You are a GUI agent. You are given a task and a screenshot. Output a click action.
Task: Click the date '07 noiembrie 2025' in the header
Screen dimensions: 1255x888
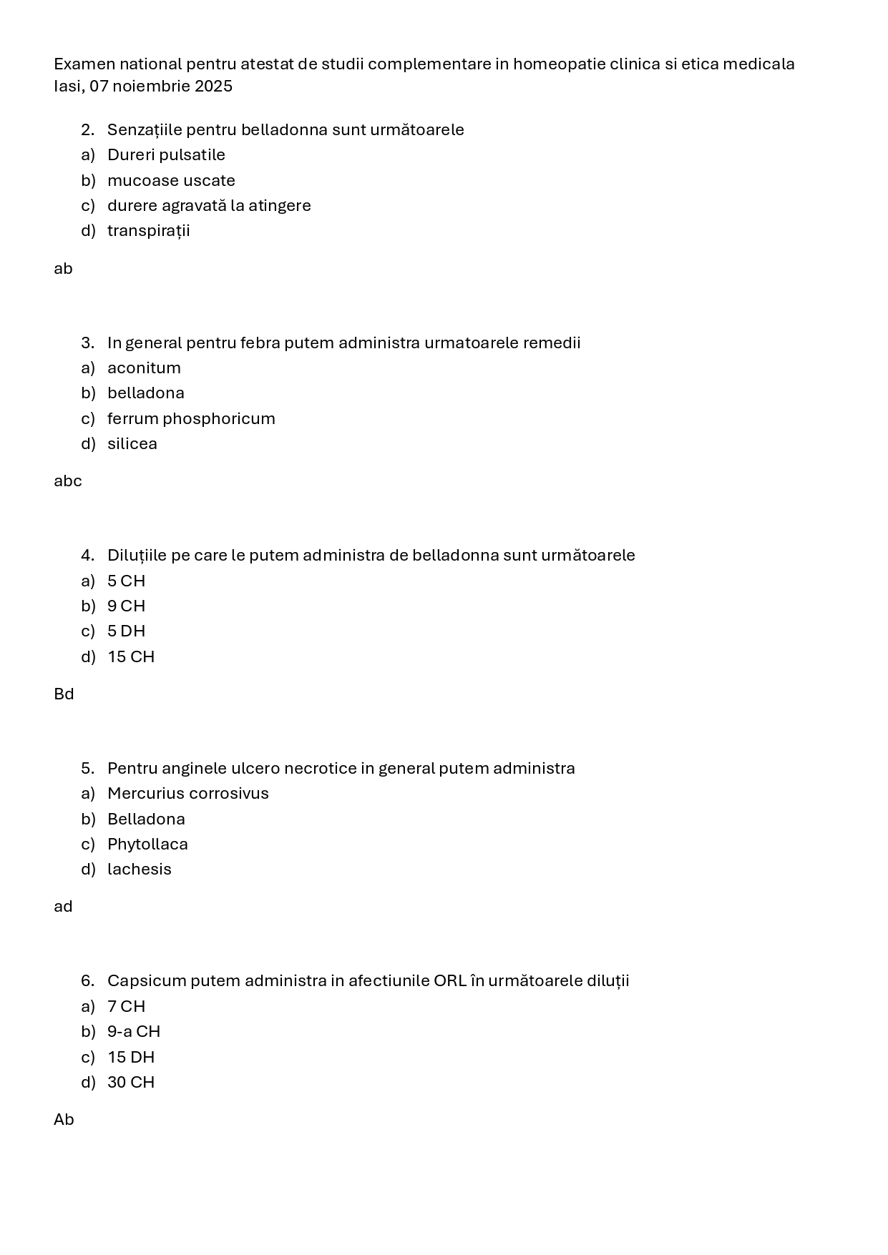pyautogui.click(x=161, y=87)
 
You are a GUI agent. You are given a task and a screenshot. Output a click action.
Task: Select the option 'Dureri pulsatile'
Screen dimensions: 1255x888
pyautogui.click(x=166, y=155)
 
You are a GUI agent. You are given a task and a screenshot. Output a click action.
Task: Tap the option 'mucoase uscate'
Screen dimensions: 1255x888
pyautogui.click(x=171, y=180)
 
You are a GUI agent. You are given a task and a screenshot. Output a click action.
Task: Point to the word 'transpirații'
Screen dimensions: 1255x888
pyautogui.click(x=148, y=231)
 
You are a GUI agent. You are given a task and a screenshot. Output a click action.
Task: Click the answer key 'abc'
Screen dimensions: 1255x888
pyautogui.click(x=68, y=481)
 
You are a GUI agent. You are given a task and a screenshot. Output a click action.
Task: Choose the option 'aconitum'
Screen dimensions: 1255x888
pyautogui.click(x=144, y=368)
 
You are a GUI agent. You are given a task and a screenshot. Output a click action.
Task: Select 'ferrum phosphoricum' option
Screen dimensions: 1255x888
pyautogui.click(x=191, y=418)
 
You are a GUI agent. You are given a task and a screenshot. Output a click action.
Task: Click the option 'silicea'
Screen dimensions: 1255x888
pyautogui.click(x=132, y=444)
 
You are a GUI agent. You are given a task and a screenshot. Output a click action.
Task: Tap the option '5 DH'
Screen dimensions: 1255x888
pyautogui.click(x=126, y=631)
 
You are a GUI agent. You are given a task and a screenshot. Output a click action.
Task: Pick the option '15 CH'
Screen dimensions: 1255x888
pyautogui.click(x=131, y=656)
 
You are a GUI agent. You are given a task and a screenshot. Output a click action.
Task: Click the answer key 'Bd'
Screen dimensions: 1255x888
pyautogui.click(x=64, y=694)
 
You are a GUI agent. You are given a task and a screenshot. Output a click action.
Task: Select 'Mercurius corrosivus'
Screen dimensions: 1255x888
pyautogui.click(x=187, y=794)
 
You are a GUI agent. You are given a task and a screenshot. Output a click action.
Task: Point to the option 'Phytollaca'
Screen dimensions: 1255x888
pyautogui.click(x=147, y=845)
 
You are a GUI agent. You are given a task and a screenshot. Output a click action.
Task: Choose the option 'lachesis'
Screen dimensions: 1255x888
pyautogui.click(x=140, y=870)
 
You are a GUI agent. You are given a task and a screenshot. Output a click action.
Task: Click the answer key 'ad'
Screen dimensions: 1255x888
pyautogui.click(x=63, y=907)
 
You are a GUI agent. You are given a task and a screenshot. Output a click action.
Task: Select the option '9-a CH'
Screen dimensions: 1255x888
pyautogui.click(x=134, y=1032)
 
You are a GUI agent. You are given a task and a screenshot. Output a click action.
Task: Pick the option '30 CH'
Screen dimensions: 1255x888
pyautogui.click(x=131, y=1083)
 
